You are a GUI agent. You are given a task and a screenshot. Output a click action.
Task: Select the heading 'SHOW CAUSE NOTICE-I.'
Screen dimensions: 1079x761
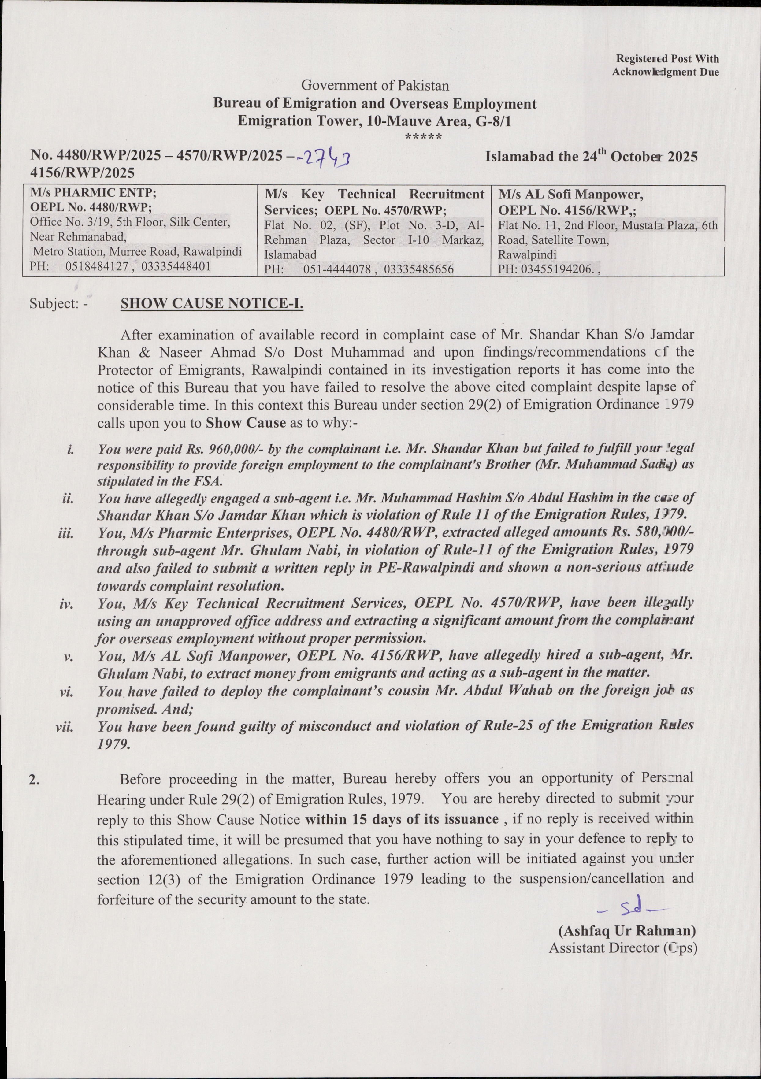tap(212, 304)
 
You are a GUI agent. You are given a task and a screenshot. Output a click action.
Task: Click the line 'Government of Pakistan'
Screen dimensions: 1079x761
tap(375, 86)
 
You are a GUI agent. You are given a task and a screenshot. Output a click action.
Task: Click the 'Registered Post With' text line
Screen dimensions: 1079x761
tap(667, 59)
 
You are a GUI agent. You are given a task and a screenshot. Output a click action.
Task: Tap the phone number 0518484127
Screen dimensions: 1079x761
tap(96, 266)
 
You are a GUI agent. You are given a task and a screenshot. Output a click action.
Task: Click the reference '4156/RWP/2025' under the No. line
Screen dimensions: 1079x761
tap(82, 173)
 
